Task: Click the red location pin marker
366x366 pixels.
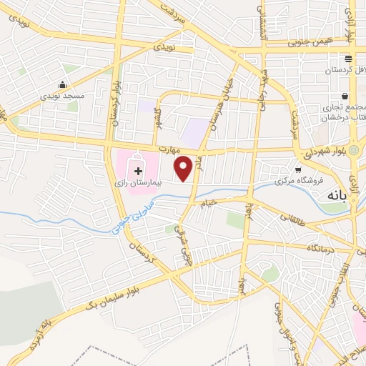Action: tap(184, 169)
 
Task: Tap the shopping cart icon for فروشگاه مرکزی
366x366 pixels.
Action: tap(298, 170)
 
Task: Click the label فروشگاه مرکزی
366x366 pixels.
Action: tap(303, 182)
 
